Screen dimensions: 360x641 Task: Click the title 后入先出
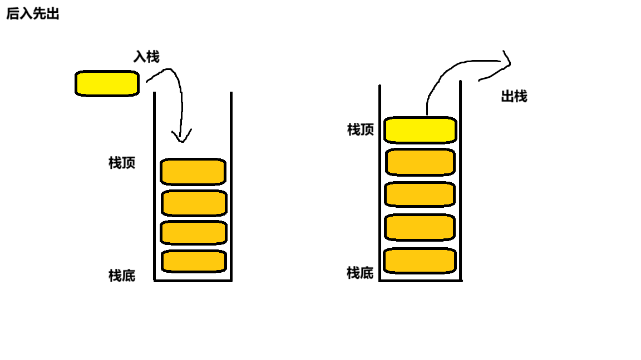[33, 14]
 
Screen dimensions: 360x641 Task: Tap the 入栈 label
[146, 57]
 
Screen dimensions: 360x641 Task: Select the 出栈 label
[514, 97]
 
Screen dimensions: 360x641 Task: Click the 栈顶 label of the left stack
[122, 163]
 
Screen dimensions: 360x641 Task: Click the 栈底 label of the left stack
[122, 276]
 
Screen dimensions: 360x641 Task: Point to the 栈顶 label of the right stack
[361, 130]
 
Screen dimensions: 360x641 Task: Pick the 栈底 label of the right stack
[360, 273]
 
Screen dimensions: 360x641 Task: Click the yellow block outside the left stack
[107, 83]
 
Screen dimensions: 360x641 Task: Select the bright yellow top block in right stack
[421, 129]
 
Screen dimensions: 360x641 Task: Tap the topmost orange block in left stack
[193, 171]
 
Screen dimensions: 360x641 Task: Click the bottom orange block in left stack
[194, 261]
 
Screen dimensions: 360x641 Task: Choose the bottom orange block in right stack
[420, 261]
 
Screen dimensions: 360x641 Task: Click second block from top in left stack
[194, 203]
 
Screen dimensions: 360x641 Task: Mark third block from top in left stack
[194, 233]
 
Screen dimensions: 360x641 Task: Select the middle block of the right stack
[420, 194]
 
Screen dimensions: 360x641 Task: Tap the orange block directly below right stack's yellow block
[420, 162]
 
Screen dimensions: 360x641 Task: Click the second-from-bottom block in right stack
[420, 227]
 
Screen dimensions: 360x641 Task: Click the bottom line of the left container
[193, 280]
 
